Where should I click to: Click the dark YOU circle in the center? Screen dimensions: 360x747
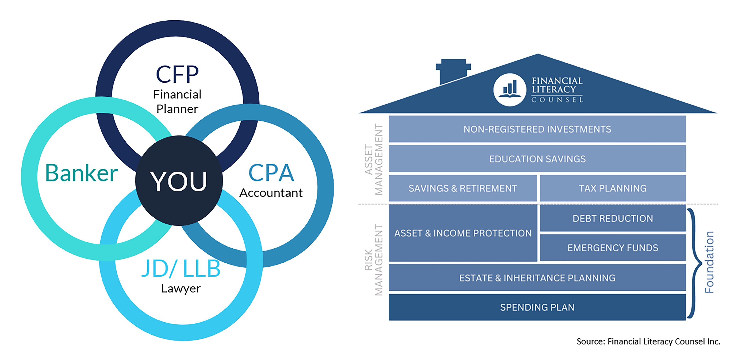[179, 181]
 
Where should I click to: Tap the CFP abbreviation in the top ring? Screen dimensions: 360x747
[177, 74]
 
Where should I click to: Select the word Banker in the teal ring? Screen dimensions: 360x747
[81, 173]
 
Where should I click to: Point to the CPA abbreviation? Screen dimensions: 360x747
[271, 173]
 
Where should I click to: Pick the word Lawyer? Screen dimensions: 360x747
[181, 288]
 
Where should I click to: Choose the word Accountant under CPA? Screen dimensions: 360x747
[271, 193]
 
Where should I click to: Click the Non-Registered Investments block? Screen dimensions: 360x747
[537, 129]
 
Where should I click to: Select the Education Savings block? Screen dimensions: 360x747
[537, 159]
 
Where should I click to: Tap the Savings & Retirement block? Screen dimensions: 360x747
[462, 188]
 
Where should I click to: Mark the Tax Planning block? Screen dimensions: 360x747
[613, 188]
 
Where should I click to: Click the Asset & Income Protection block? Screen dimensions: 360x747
[462, 233]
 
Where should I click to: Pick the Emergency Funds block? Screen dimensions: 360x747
[613, 248]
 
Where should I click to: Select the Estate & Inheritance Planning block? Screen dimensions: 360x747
[537, 278]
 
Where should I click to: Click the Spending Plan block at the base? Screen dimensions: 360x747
[537, 307]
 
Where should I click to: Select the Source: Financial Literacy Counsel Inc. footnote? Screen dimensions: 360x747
[648, 341]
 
